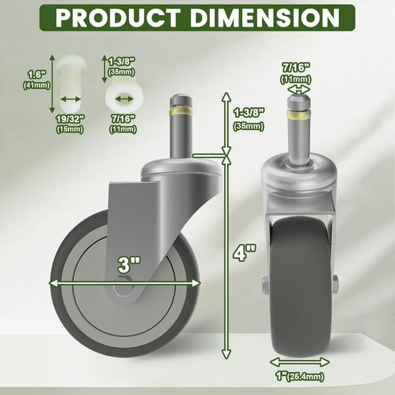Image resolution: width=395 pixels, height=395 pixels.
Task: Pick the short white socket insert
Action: (x=123, y=94)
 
